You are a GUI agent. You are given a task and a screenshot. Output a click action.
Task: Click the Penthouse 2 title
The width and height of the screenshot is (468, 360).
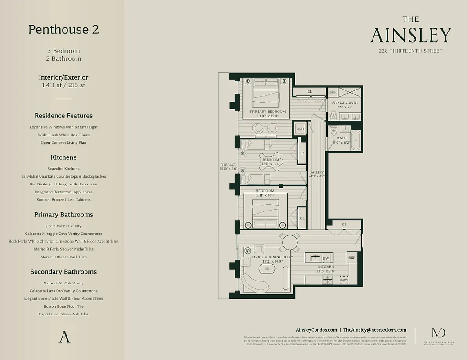[63, 30]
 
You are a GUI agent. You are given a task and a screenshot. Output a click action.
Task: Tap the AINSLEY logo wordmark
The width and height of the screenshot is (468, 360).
[410, 35]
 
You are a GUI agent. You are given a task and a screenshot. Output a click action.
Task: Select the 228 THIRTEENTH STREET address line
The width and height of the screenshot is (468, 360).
[410, 51]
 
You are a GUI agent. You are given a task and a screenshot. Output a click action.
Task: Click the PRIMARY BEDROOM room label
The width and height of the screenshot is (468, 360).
[268, 112]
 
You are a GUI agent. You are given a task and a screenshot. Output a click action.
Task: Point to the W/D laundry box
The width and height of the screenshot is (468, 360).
[300, 129]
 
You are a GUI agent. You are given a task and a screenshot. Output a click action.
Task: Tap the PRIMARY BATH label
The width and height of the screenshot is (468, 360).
[344, 103]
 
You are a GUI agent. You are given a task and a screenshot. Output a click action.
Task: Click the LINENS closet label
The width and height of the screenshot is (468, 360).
[333, 92]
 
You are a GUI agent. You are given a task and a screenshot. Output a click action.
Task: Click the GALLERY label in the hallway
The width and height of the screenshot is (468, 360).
[316, 173]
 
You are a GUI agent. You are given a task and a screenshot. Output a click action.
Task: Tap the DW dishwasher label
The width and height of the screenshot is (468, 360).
[326, 258]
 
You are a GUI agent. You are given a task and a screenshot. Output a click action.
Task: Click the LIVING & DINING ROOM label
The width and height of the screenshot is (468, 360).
[273, 257]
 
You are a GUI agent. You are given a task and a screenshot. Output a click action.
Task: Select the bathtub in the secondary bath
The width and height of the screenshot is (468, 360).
[355, 141]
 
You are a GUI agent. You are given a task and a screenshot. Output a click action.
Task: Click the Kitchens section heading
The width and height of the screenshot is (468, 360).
[63, 157]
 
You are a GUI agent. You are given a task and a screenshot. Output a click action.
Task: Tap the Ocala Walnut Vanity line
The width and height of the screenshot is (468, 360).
[63, 226]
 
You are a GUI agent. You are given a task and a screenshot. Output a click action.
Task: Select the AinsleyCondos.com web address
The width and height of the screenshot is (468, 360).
[316, 330]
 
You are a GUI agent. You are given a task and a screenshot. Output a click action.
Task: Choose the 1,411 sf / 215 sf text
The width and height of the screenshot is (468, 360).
[63, 85]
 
